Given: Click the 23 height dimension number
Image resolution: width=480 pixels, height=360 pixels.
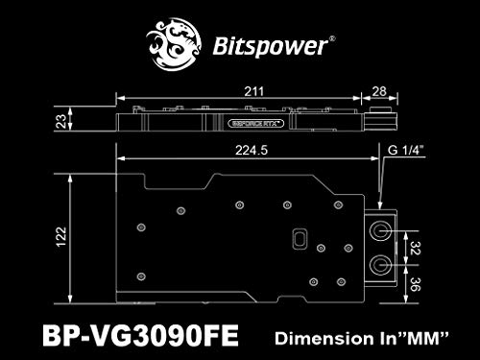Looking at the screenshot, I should (x=60, y=122).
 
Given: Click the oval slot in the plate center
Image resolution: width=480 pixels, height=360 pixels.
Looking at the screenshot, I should (x=299, y=238).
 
